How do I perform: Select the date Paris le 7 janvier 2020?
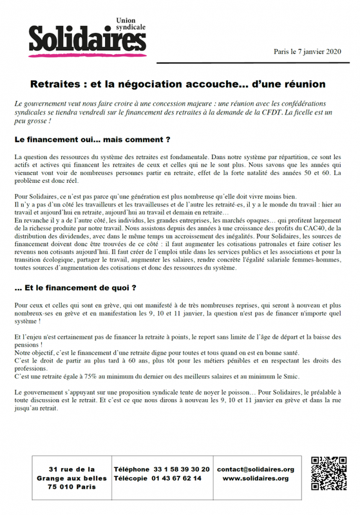click(307, 51)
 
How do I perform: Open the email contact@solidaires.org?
click(255, 469)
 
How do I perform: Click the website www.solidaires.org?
click(256, 478)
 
